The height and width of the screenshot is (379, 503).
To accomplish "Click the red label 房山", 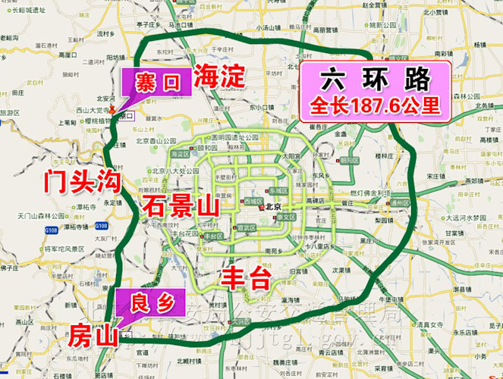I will [x=93, y=333].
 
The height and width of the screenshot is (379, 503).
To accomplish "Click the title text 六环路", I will [x=376, y=79].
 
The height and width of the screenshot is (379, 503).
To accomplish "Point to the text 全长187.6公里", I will [x=376, y=105].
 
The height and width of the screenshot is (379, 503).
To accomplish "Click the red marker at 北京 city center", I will [x=261, y=207].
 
